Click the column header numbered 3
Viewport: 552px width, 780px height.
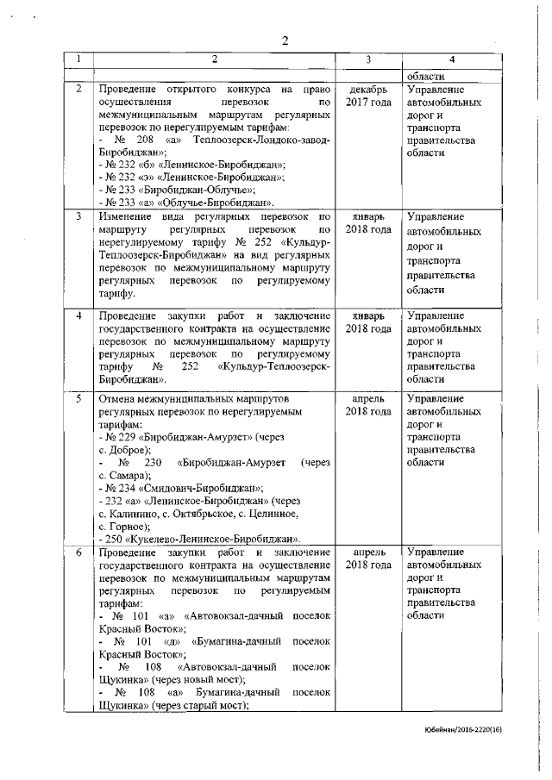[x=367, y=59]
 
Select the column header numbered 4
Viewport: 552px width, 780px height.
[x=453, y=59]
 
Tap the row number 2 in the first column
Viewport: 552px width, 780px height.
[x=78, y=89]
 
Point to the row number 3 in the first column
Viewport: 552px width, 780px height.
[x=78, y=215]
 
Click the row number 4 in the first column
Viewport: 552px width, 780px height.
[x=78, y=315]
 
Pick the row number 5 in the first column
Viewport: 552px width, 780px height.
[x=78, y=399]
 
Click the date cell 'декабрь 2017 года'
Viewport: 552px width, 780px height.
[x=368, y=96]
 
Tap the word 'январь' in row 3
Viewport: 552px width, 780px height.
[x=368, y=215]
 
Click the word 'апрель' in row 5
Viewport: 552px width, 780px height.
[x=368, y=399]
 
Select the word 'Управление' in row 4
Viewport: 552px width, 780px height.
[x=436, y=315]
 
